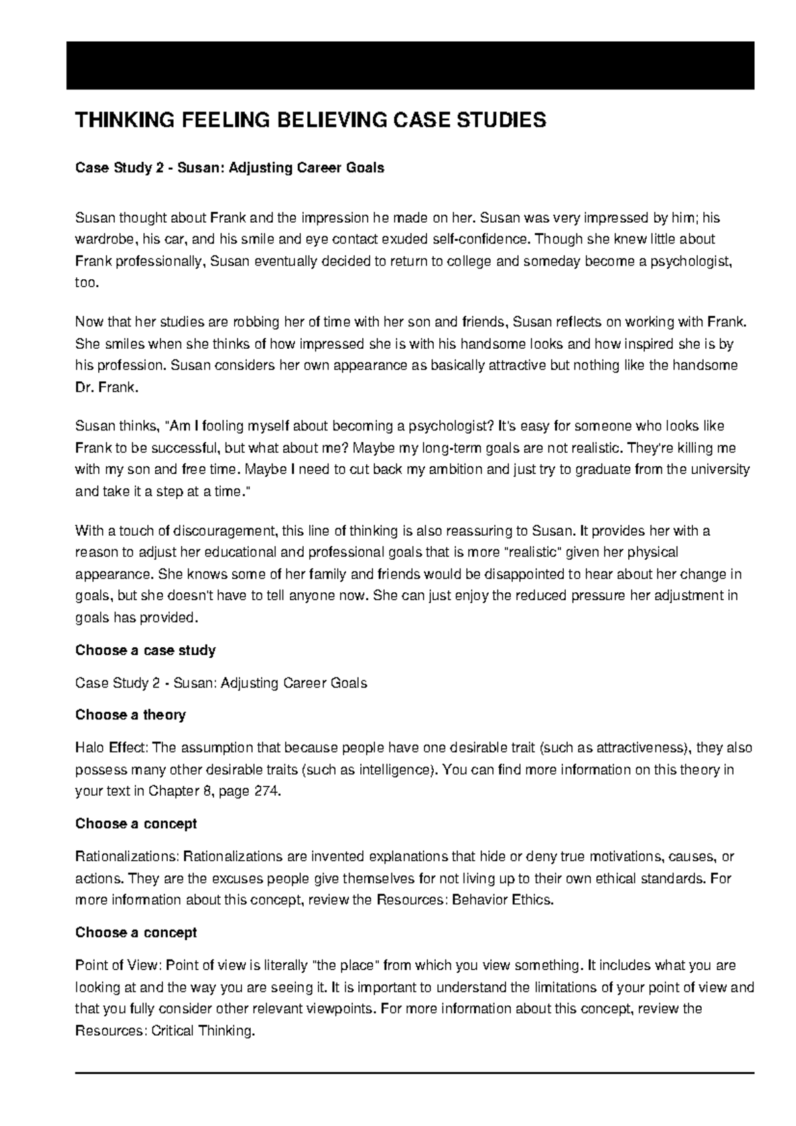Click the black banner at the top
coord(410,65)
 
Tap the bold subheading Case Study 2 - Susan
coord(230,168)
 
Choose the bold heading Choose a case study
coord(145,650)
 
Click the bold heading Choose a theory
coord(130,715)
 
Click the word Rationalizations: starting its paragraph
coord(127,857)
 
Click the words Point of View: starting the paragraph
coord(117,966)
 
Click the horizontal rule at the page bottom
coord(415,1072)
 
